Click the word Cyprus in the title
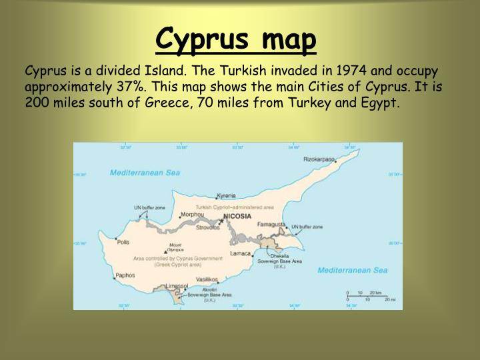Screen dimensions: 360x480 tap(201, 39)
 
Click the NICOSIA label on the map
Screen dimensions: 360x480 tap(237, 216)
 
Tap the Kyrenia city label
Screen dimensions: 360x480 tap(226, 196)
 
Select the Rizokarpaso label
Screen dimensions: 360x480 tap(319, 159)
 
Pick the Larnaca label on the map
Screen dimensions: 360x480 tap(241, 253)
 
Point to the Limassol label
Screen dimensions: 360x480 tap(177, 285)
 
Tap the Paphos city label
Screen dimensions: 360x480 tap(125, 275)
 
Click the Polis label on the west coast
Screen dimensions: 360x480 tap(123, 242)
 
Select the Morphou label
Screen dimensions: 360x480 tap(193, 215)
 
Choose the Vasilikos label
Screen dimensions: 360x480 tap(207, 279)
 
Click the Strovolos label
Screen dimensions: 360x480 tap(207, 227)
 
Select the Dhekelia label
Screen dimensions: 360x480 tap(279, 255)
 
